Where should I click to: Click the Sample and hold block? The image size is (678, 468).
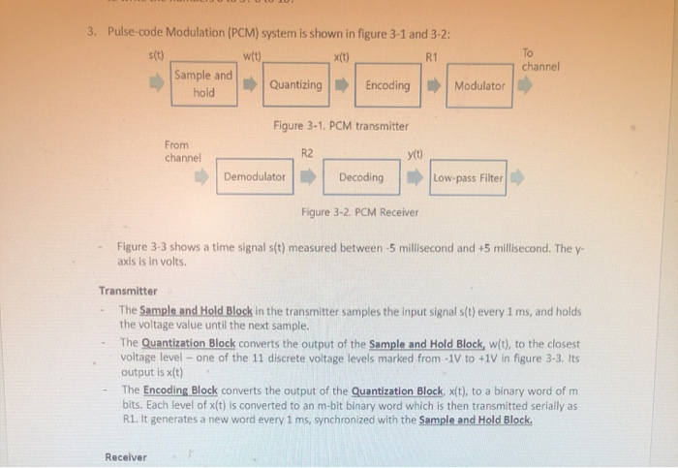click(x=203, y=84)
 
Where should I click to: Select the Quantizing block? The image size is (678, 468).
click(x=295, y=85)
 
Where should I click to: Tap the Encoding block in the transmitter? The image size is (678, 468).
click(x=387, y=85)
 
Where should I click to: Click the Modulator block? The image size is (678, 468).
click(x=479, y=86)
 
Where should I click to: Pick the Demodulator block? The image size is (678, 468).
click(x=255, y=177)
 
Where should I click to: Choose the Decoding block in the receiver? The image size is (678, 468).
click(x=361, y=177)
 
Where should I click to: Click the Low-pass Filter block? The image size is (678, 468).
click(x=469, y=178)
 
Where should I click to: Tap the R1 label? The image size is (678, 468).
click(x=432, y=57)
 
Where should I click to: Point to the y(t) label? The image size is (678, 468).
click(x=416, y=152)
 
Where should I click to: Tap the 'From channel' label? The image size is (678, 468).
click(x=182, y=150)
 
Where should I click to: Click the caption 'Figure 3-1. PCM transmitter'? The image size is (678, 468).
click(x=340, y=126)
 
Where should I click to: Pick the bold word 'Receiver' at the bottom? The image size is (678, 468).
click(x=126, y=456)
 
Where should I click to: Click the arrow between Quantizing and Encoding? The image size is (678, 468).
click(x=341, y=85)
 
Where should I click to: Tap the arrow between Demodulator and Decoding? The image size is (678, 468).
click(x=306, y=177)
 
